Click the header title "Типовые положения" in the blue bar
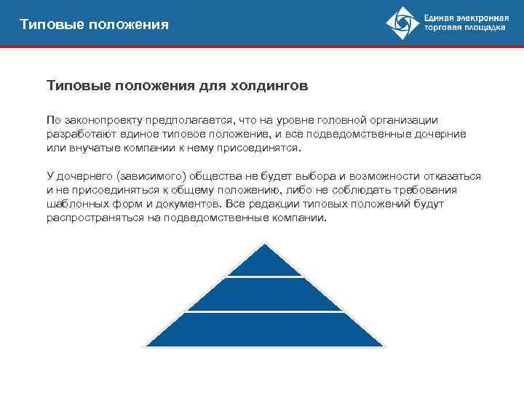[95, 25]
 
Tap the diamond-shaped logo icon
[401, 24]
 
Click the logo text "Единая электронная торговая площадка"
[466, 24]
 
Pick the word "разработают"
[79, 134]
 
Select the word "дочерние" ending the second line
[440, 134]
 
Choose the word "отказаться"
[450, 176]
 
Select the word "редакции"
[272, 204]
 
